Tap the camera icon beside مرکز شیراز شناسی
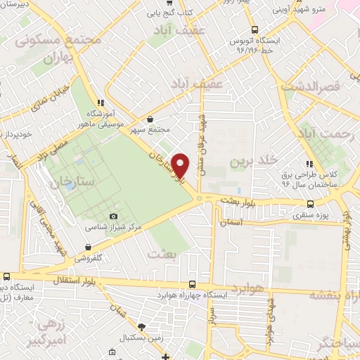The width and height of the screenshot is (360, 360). pyautogui.click(x=114, y=217)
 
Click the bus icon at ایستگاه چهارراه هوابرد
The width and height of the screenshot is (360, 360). pyautogui.click(x=193, y=285)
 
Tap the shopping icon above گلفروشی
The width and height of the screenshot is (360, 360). pyautogui.click(x=88, y=247)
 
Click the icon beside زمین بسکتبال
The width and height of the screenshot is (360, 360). pyautogui.click(x=142, y=326)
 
